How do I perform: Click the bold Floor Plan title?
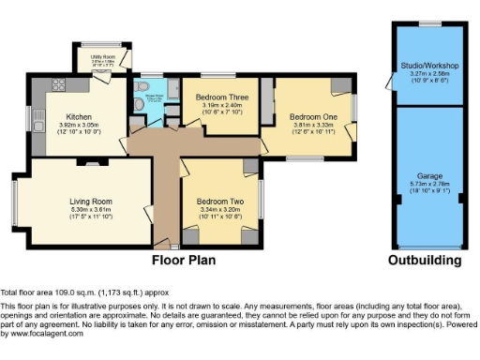185,259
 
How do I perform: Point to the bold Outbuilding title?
429,259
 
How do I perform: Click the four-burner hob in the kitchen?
58,84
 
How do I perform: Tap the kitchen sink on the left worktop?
39,118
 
